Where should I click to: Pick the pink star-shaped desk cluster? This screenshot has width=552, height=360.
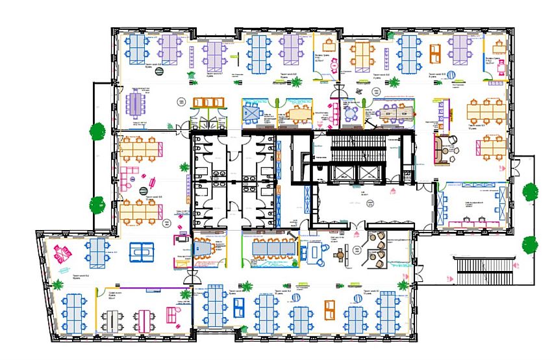65,252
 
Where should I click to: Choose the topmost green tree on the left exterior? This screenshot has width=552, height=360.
98,131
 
